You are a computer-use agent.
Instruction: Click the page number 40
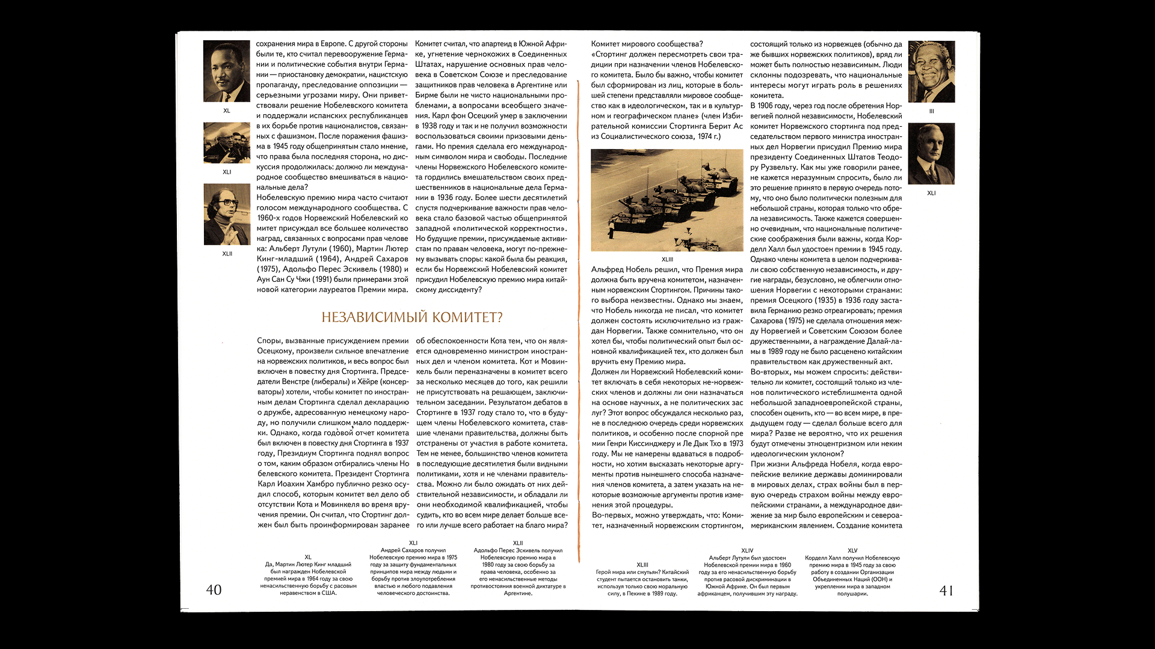(214, 590)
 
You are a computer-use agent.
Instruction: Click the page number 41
(946, 591)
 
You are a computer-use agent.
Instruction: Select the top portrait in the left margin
(227, 71)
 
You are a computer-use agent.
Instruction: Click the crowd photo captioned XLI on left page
(227, 143)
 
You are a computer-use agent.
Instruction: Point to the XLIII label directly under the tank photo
(667, 260)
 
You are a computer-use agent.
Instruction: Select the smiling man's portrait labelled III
(931, 72)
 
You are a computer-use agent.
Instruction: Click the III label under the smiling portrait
(931, 111)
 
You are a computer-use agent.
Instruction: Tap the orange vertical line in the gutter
(578, 318)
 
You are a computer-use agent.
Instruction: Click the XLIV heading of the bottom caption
(747, 550)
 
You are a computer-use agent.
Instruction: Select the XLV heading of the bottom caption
(852, 550)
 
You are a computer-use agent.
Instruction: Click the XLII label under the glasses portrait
(227, 254)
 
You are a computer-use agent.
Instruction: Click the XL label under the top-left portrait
(227, 111)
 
